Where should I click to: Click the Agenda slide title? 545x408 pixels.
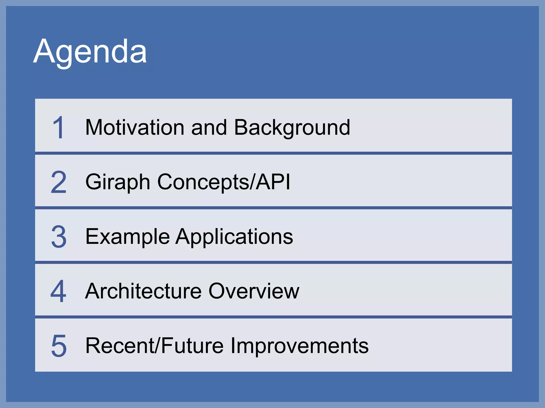[90, 51]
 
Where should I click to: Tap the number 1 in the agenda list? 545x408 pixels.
[58, 128]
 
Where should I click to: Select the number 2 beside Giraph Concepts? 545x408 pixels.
[59, 182]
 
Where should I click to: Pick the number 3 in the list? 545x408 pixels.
[59, 237]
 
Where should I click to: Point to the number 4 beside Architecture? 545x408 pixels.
[58, 291]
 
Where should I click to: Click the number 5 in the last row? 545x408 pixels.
[59, 346]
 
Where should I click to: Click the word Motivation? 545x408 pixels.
[135, 127]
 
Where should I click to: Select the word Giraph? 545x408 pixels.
[118, 182]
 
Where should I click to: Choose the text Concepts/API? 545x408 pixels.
[224, 182]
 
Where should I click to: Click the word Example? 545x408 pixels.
[127, 237]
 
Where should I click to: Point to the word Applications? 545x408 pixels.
[234, 237]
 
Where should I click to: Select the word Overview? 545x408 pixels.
[254, 291]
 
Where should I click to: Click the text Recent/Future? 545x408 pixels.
[154, 346]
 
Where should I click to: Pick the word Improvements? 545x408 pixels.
[299, 346]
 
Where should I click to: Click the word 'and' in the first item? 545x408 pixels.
[209, 128]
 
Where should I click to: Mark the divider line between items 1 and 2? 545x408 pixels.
[273, 153]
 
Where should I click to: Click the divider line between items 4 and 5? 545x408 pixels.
[273, 317]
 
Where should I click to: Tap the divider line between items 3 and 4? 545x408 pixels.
[273, 262]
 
